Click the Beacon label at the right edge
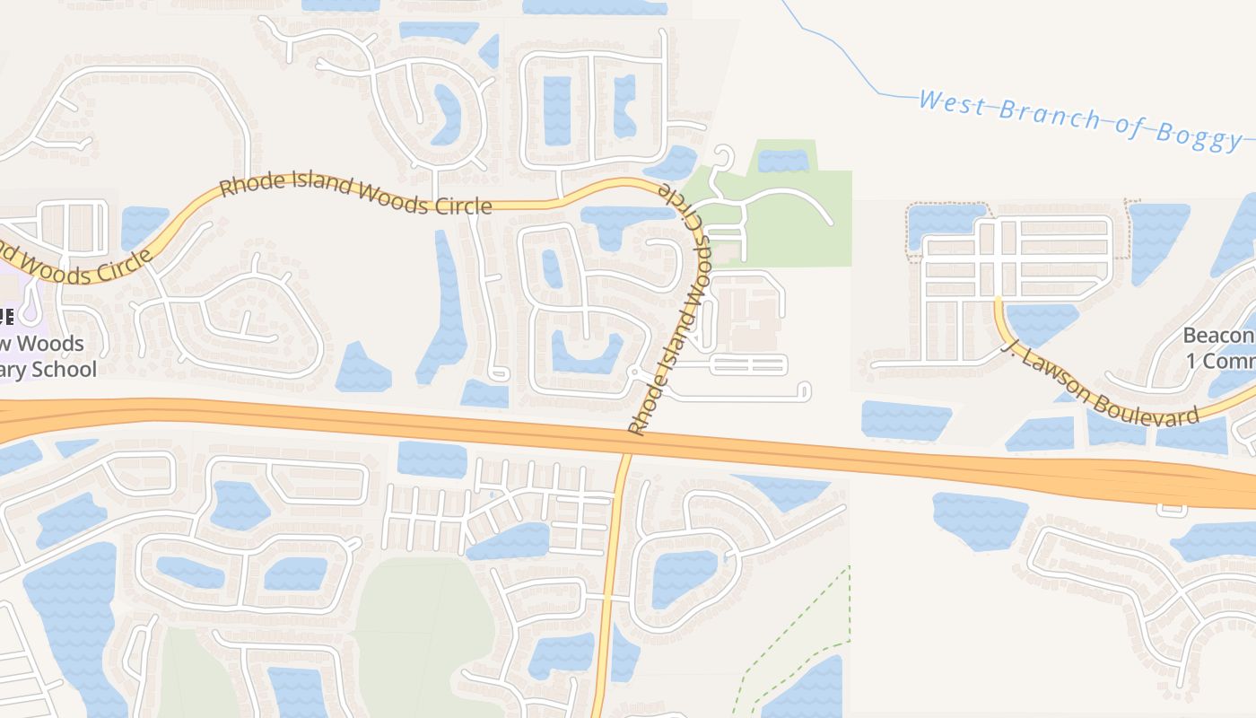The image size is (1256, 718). coord(1218,337)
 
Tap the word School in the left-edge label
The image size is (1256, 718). coord(63,369)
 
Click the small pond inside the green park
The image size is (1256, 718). coord(782,161)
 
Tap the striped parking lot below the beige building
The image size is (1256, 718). coord(749,364)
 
